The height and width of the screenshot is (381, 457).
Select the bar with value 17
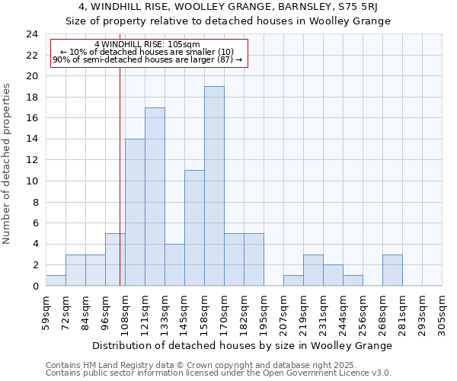[x=155, y=197]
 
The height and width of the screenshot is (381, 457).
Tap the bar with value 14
[x=135, y=213]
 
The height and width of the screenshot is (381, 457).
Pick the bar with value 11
[x=194, y=228]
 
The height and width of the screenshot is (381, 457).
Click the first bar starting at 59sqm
[x=56, y=280]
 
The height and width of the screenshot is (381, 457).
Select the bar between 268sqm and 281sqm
[x=392, y=271]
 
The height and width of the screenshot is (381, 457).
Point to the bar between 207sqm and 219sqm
[x=293, y=280]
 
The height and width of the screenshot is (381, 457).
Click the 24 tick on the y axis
[x=32, y=34]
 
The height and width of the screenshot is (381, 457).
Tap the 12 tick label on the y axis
[x=32, y=160]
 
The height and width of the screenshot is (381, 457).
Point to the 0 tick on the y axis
[x=35, y=286]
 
